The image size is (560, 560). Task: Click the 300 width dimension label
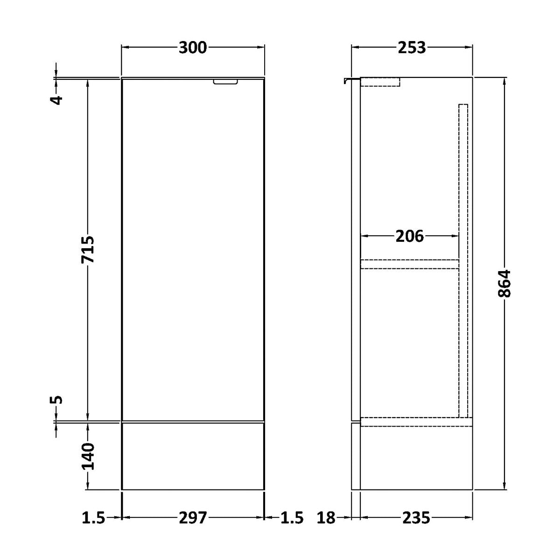point(193,48)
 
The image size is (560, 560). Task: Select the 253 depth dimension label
point(412,48)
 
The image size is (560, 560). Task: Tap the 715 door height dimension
point(88,250)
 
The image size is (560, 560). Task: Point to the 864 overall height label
point(504,283)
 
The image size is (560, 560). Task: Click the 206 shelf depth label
point(410,236)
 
